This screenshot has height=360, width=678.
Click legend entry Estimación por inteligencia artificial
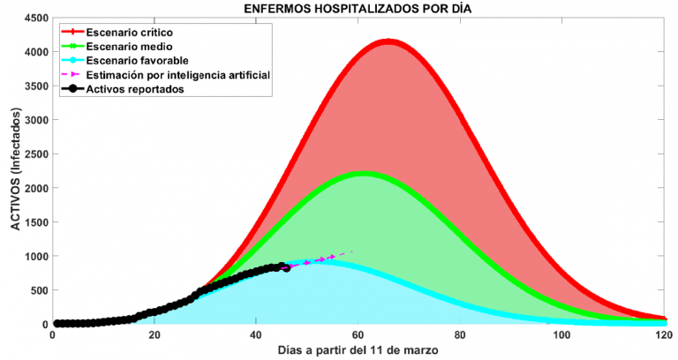[177, 74]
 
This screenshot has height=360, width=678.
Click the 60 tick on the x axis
[358, 336]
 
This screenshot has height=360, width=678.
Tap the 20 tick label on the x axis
[154, 336]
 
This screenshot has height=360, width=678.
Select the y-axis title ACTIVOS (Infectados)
[14, 171]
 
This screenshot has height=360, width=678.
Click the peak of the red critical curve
[388, 41]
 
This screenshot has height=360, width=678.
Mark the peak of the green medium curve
[364, 173]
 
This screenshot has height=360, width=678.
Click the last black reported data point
[285, 267]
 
